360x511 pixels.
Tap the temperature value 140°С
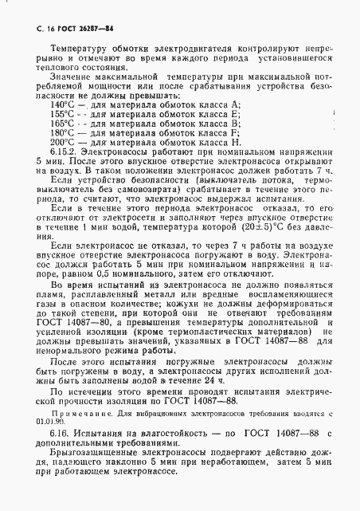[x=62, y=104]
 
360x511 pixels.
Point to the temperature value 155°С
[x=62, y=113]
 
